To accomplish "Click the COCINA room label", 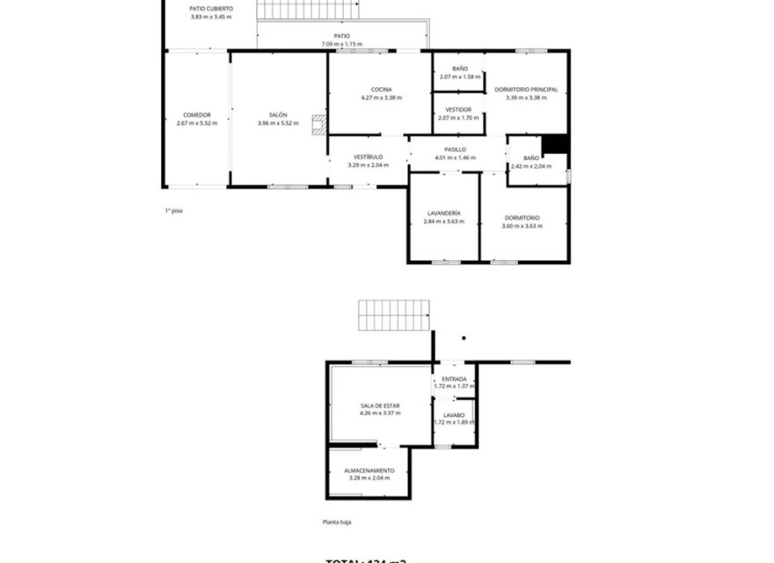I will coord(381,90).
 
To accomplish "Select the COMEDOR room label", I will coord(196,115).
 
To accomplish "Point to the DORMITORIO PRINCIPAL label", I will coord(526,90).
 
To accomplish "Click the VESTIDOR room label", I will coord(458,109).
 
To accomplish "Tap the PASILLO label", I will coord(455,150).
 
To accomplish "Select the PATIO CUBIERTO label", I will coord(211,9).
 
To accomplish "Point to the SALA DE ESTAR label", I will coord(379,406).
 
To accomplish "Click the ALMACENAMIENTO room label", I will coord(369,471).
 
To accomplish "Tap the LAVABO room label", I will coord(454,414).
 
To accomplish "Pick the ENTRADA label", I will coord(454,379).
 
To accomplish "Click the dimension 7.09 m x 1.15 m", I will coord(341,44).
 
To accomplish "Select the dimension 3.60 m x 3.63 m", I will coord(522,225).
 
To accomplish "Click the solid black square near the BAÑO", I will coord(554,144).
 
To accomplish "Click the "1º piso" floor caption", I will coord(174,210).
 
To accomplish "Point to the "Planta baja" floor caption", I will coord(336,522).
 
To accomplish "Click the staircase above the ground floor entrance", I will coord(394,315).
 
